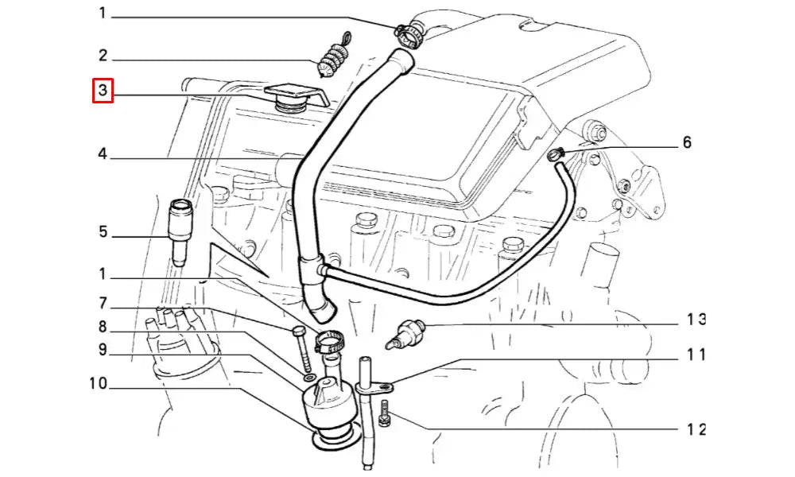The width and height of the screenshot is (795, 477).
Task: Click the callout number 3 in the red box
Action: click(x=103, y=90)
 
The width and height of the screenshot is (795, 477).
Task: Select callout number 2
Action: click(x=103, y=56)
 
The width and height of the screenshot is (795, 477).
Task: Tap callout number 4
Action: click(x=103, y=153)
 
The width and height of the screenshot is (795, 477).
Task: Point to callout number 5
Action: click(x=103, y=231)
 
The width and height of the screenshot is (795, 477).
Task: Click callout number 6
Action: click(x=687, y=142)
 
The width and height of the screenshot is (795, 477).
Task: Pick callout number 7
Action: click(x=103, y=303)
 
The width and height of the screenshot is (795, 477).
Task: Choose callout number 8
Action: click(x=103, y=327)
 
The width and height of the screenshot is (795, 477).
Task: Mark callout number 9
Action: click(x=103, y=349)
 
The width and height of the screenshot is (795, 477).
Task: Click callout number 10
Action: click(x=99, y=383)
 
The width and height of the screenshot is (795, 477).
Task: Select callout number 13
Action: click(x=696, y=320)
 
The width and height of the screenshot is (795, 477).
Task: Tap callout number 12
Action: click(x=696, y=429)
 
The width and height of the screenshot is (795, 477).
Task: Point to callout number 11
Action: click(x=696, y=355)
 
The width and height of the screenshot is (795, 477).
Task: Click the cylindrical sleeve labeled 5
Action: click(x=180, y=232)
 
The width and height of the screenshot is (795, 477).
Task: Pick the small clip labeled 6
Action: click(x=556, y=154)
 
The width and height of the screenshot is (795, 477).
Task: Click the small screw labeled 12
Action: click(x=385, y=413)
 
